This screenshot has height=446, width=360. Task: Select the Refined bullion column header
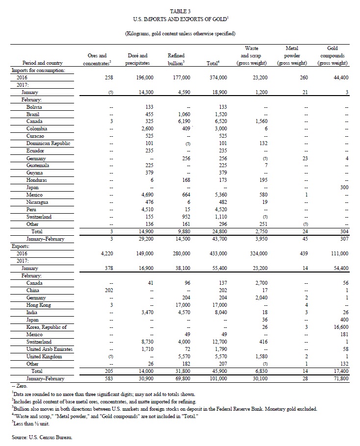click(x=176, y=59)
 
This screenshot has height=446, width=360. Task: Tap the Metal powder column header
click(x=291, y=55)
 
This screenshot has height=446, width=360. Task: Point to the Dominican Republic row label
click(x=49, y=144)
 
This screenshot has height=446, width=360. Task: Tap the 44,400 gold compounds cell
click(x=338, y=77)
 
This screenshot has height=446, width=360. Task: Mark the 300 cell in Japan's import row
click(x=343, y=188)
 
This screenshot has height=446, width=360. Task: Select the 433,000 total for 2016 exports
click(x=216, y=253)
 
